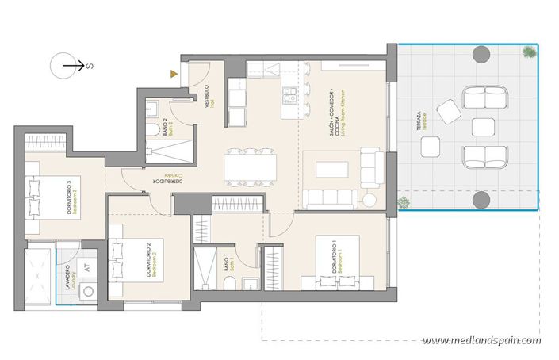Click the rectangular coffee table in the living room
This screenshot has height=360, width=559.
(x=331, y=169)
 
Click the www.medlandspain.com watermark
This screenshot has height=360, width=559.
(x=482, y=341)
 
